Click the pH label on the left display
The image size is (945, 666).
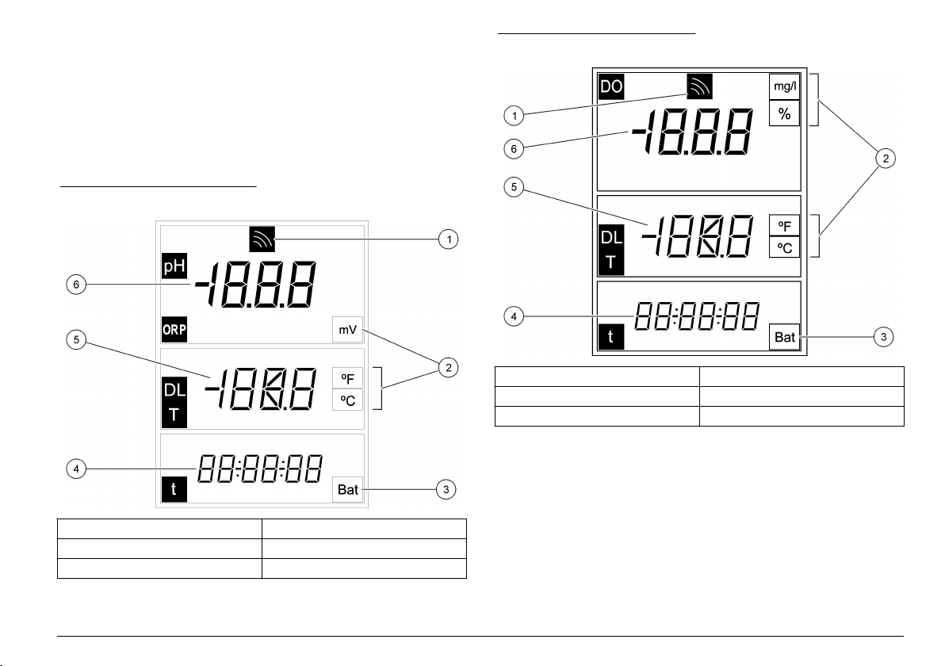174,266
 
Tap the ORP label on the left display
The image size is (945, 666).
174,330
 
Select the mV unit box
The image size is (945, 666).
348,330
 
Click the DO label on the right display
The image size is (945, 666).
611,86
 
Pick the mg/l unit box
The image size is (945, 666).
784,86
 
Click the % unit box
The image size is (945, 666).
784,113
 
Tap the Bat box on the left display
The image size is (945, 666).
348,489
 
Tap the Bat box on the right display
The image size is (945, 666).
785,337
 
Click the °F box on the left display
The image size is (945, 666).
348,378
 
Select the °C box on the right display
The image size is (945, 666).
784,247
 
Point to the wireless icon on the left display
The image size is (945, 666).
262,239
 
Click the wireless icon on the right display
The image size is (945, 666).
699,86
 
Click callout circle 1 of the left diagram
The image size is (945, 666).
449,239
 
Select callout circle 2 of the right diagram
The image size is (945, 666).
886,159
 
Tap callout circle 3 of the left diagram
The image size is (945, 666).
446,489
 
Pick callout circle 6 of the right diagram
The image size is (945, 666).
514,148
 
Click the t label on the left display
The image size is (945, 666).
174,489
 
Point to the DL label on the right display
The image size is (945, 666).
611,237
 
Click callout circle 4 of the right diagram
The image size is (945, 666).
514,316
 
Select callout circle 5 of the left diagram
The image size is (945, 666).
76,340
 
